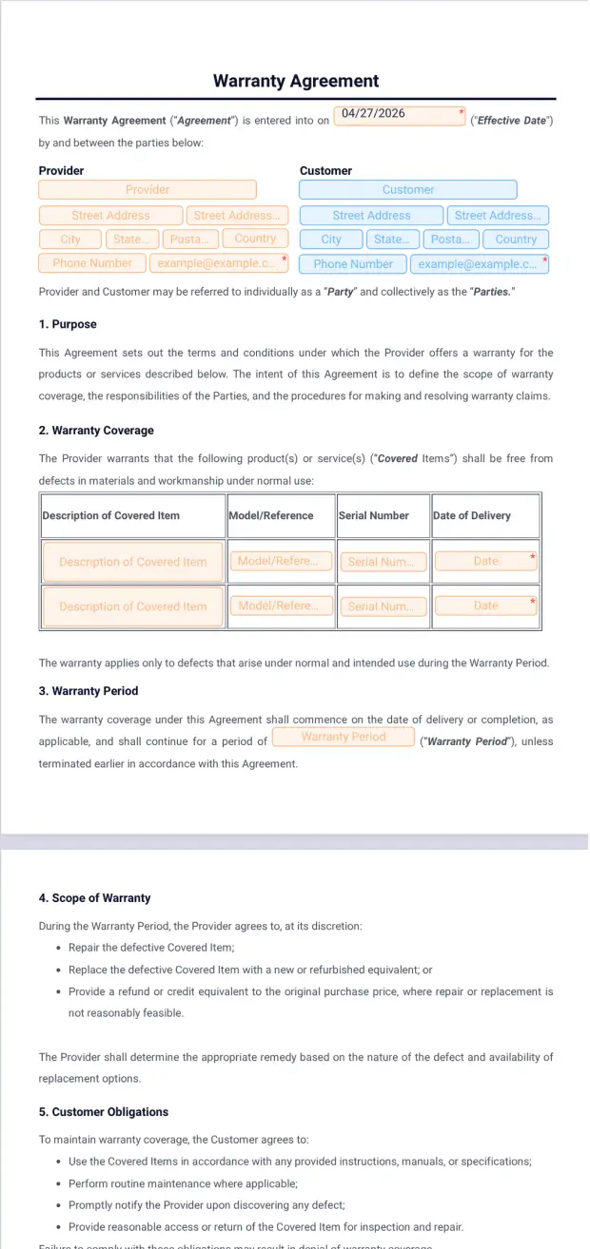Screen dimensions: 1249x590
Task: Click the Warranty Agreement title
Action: pyautogui.click(x=296, y=82)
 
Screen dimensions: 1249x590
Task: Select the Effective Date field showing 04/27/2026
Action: pyautogui.click(x=400, y=115)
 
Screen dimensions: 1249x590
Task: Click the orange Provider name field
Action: pyautogui.click(x=147, y=190)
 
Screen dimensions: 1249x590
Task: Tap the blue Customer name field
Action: pyautogui.click(x=408, y=190)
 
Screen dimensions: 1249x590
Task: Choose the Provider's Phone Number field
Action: pyautogui.click(x=92, y=263)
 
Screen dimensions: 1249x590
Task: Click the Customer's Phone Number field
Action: pyautogui.click(x=353, y=264)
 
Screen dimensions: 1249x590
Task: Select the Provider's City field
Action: pyautogui.click(x=70, y=240)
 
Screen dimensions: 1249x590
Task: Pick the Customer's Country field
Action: pyautogui.click(x=516, y=240)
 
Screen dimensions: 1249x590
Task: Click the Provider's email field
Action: pyautogui.click(x=218, y=263)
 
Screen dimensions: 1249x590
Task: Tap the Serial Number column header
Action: pyautogui.click(x=374, y=516)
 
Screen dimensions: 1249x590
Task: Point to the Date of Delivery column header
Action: pyautogui.click(x=472, y=516)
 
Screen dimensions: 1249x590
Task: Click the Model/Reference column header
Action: pyautogui.click(x=271, y=516)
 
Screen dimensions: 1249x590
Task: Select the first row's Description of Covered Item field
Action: pyautogui.click(x=132, y=562)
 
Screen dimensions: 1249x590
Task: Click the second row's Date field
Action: pyautogui.click(x=485, y=605)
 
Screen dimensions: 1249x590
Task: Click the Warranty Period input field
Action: pyautogui.click(x=344, y=738)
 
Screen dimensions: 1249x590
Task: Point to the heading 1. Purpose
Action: pyautogui.click(x=68, y=324)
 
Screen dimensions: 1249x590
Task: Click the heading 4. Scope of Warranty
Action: pyautogui.click(x=94, y=898)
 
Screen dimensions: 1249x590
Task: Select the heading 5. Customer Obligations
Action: pyautogui.click(x=104, y=1112)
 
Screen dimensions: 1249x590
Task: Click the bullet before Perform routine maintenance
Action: pyautogui.click(x=59, y=1184)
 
